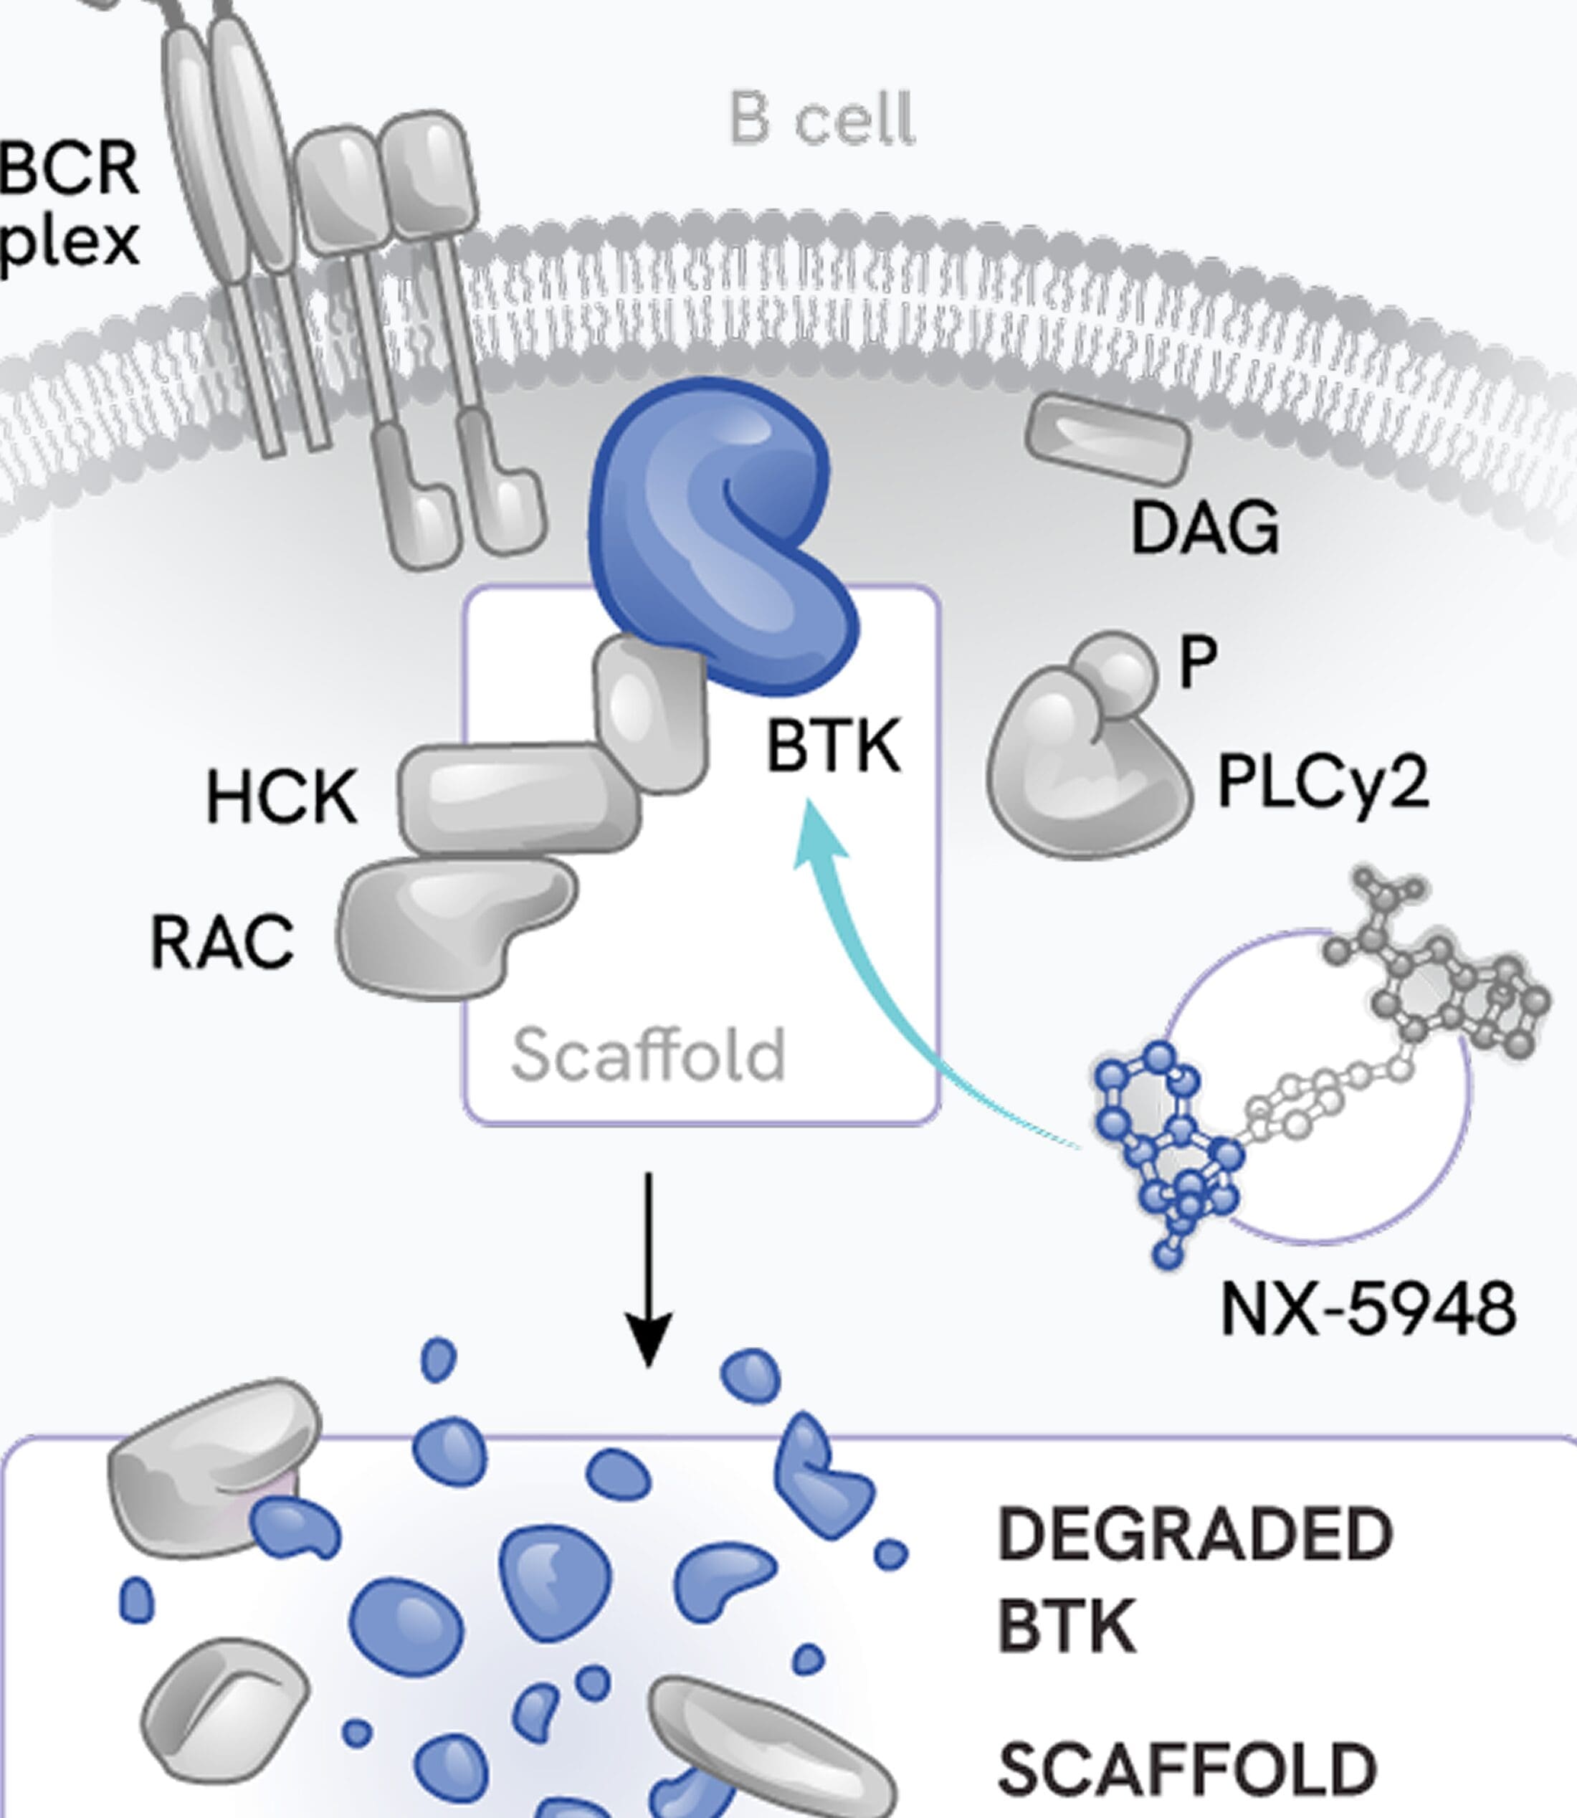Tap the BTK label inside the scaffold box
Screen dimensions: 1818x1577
[x=832, y=746]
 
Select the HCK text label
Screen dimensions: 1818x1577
[x=282, y=797]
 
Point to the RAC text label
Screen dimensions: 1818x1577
[x=221, y=943]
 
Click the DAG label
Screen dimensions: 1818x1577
[x=1204, y=528]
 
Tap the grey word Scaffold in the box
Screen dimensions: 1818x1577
[x=648, y=1055]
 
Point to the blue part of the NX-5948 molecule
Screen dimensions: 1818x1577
[x=1162, y=1153]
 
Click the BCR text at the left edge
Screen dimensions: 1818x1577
[x=69, y=169]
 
